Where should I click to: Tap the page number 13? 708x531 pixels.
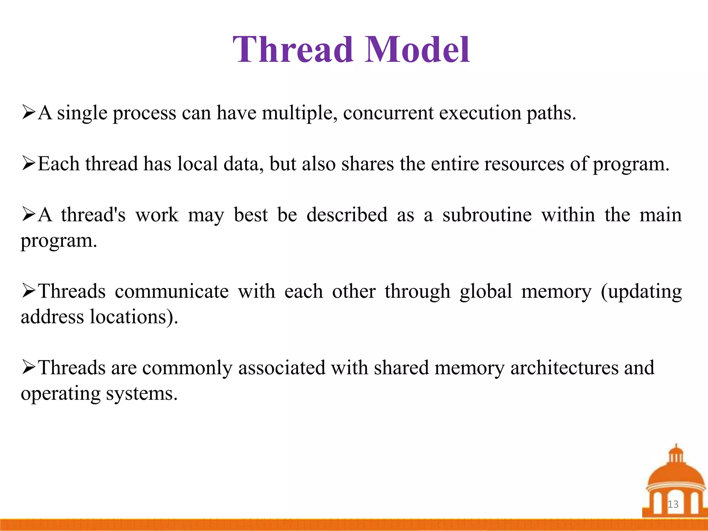[x=673, y=504]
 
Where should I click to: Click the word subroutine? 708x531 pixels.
[x=487, y=215]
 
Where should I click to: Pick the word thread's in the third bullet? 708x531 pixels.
[x=93, y=215]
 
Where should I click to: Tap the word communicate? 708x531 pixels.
[x=172, y=291]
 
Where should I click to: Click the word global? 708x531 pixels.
[x=486, y=291]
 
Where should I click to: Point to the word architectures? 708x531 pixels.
[x=565, y=368]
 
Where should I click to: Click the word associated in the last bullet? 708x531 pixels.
[x=282, y=368]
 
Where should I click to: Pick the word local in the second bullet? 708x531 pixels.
[x=197, y=164]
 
